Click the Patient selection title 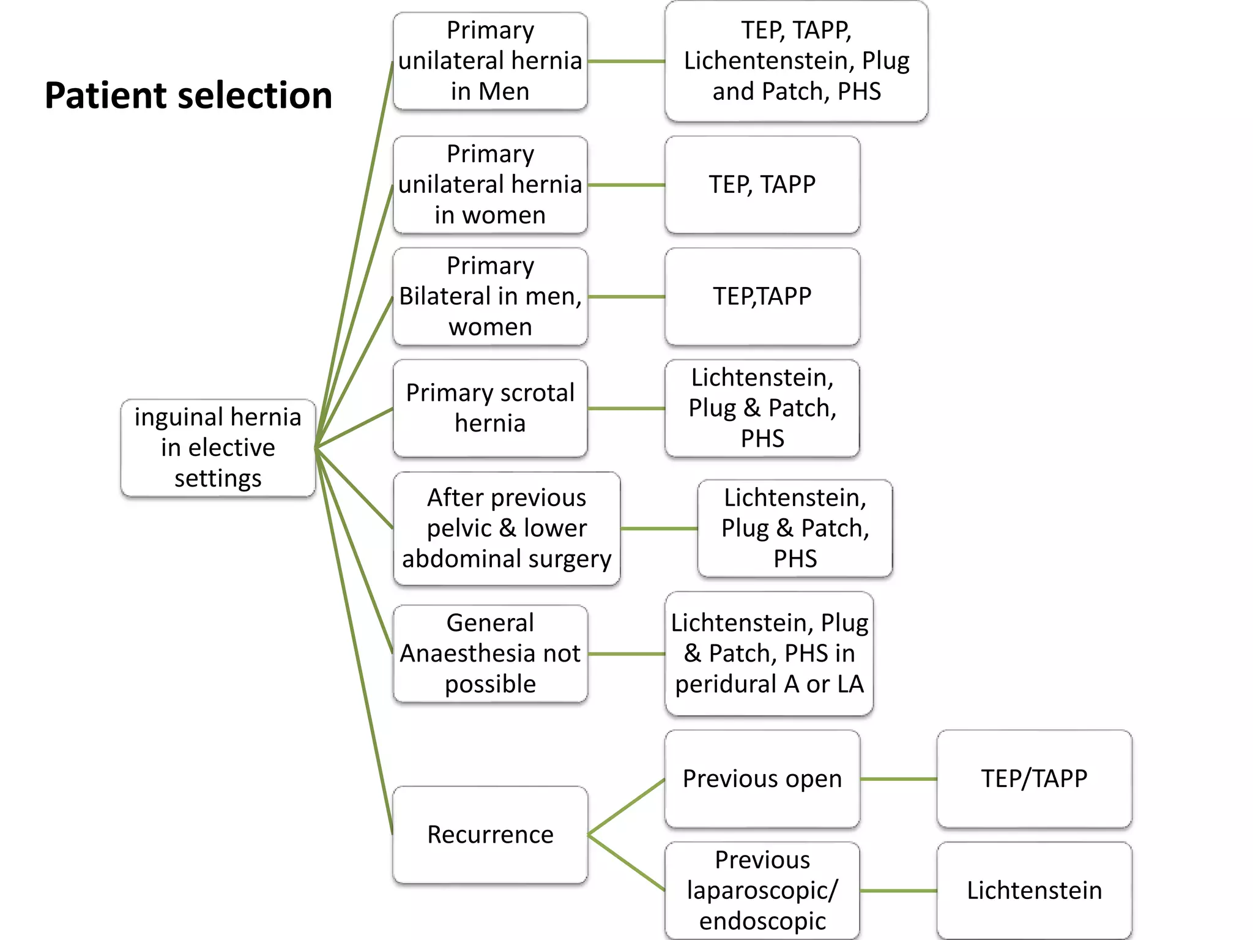[188, 95]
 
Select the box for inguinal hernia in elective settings [218, 447]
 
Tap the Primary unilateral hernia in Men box [490, 61]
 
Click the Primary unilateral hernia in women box [490, 184]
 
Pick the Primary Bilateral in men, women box [490, 296]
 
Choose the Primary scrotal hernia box [490, 408]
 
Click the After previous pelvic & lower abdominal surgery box [507, 528]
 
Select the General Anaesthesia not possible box [490, 653]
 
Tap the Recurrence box [490, 834]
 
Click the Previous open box [762, 778]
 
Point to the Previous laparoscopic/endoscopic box [762, 890]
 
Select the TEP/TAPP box [1034, 778]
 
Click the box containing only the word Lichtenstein [1034, 890]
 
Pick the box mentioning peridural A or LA [769, 653]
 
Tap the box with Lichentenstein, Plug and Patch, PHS [796, 61]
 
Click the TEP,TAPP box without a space [762, 296]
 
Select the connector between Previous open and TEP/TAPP [898, 779]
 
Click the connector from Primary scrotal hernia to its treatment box [626, 408]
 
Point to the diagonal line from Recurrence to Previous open [626, 807]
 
